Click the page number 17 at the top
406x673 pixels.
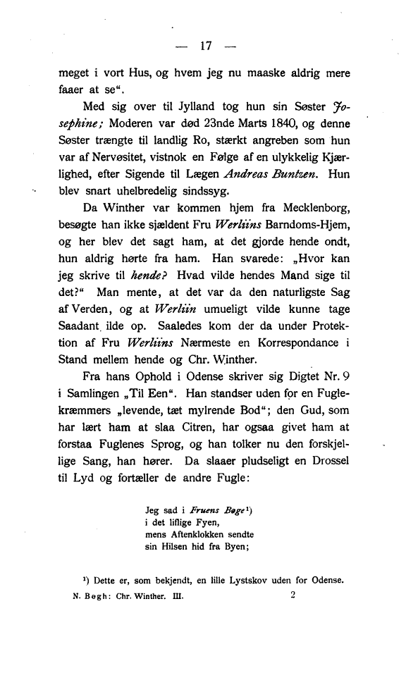(x=206, y=47)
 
